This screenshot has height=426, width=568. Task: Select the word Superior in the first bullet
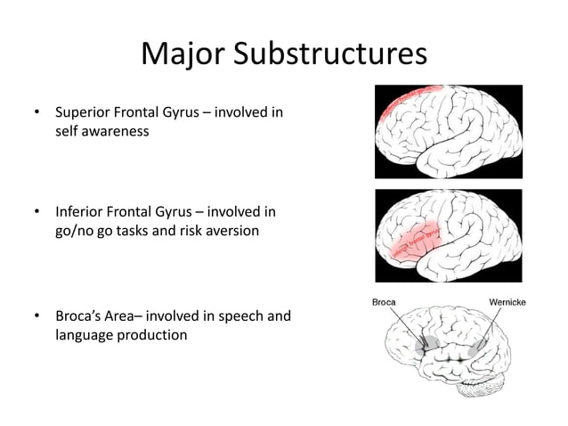pyautogui.click(x=81, y=114)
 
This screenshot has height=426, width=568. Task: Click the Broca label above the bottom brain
pyautogui.click(x=384, y=301)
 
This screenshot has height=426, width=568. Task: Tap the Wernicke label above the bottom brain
pyautogui.click(x=508, y=301)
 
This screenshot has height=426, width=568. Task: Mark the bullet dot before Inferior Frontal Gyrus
pyautogui.click(x=37, y=213)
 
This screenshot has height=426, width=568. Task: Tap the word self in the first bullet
pyautogui.click(x=68, y=131)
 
